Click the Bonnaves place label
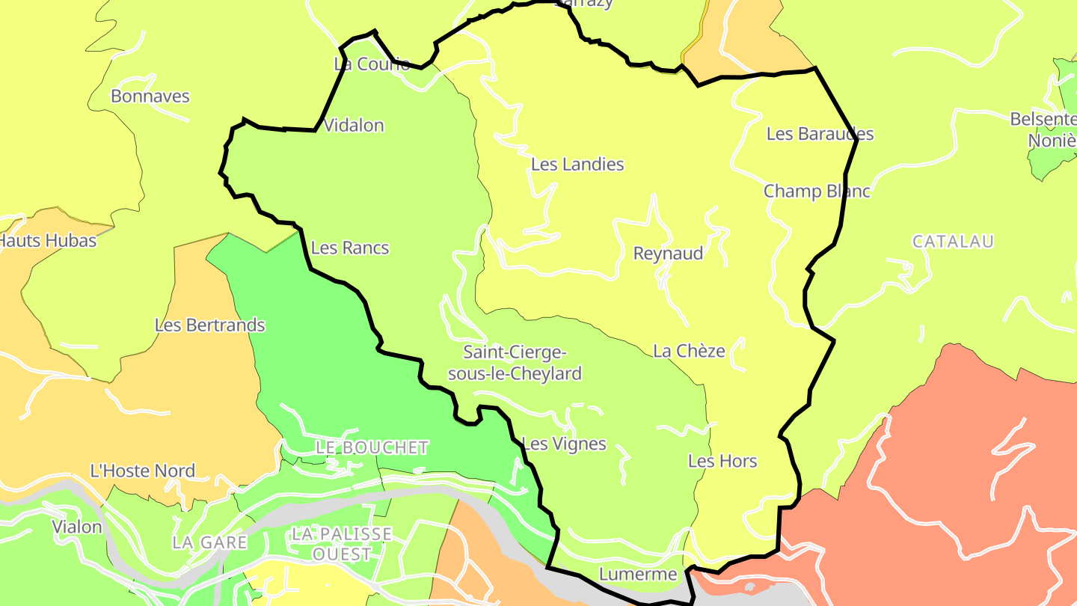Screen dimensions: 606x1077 tap(150, 96)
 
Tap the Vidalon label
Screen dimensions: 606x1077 tap(354, 125)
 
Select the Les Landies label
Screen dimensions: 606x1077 tap(577, 164)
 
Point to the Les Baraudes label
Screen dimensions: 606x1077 tap(820, 134)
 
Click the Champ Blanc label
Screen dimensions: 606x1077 tap(817, 191)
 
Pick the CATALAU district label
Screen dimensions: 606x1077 tap(952, 241)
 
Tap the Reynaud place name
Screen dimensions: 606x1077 tap(668, 253)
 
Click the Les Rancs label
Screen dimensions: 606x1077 tap(350, 247)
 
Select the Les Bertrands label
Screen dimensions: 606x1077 tap(209, 325)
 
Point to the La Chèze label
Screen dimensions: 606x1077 tap(689, 350)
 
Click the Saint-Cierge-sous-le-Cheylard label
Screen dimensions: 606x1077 tap(515, 362)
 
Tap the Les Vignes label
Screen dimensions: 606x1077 tap(564, 444)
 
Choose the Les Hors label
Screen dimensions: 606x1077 tap(722, 461)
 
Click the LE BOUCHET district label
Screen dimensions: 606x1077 tap(372, 447)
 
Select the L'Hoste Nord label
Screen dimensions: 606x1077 tap(142, 471)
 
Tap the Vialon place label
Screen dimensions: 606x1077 tap(76, 527)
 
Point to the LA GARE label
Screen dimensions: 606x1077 tap(209, 542)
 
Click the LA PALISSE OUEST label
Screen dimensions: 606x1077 tap(342, 544)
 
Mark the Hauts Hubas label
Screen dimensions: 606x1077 tap(48, 240)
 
